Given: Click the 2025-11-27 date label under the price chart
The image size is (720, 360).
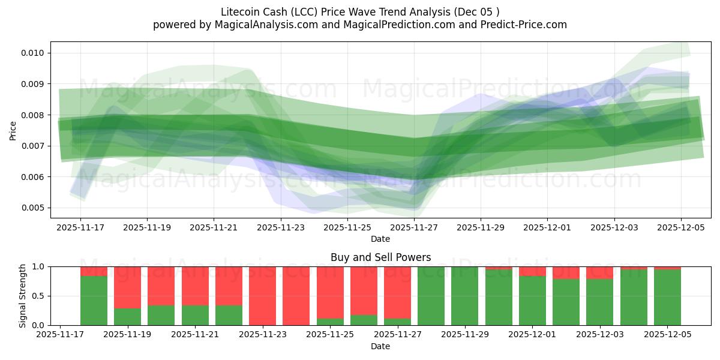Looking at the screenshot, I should click(x=414, y=228).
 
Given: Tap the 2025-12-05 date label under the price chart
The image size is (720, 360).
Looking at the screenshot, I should click(x=680, y=228).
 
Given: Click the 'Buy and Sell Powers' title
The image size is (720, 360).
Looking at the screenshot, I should click(x=380, y=257).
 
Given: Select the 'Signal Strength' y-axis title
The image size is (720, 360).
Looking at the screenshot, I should click(x=23, y=296).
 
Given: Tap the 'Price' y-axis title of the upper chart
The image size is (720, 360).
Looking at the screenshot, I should click(x=13, y=130).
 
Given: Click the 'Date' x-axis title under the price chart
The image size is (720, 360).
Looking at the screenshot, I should click(x=380, y=239).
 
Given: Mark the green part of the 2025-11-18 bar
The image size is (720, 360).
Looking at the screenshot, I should click(x=94, y=300).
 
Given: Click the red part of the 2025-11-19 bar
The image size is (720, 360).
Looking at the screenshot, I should click(x=127, y=287).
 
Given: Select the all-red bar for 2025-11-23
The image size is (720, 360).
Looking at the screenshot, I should click(x=262, y=296).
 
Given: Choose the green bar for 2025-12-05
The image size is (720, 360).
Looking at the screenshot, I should click(x=667, y=297).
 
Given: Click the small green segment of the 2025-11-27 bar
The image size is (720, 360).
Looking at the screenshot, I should click(x=397, y=322).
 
